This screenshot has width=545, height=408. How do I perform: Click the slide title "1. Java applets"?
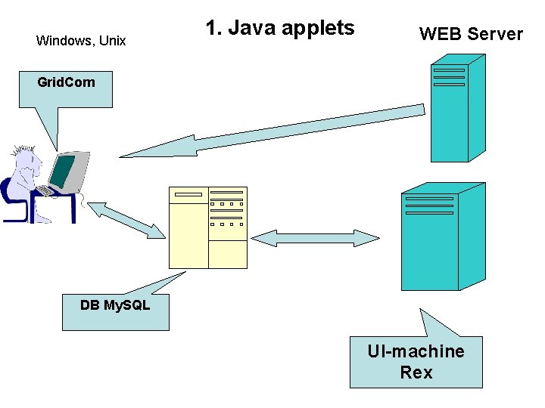(279, 29)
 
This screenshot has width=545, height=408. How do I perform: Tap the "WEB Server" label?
(471, 34)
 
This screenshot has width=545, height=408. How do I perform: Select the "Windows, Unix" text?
(81, 41)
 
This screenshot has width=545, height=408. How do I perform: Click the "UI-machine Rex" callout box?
(416, 362)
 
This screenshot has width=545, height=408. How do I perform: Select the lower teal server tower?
(438, 238)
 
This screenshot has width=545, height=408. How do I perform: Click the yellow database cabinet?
(207, 227)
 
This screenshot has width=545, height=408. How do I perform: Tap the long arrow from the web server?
(272, 131)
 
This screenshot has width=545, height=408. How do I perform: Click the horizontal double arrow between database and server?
(314, 238)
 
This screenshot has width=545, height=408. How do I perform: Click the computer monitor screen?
(64, 171)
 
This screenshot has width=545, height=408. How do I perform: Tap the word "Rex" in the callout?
(416, 372)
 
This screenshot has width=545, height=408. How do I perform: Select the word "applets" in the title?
(318, 29)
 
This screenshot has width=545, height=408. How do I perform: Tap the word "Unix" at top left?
(111, 41)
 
